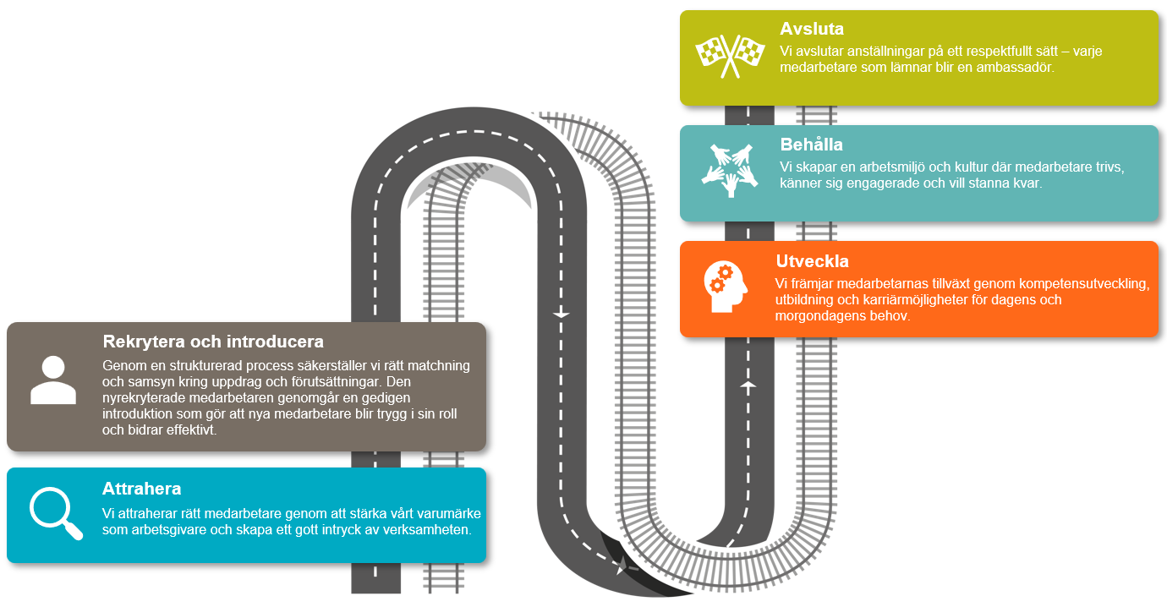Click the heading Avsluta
coord(811,30)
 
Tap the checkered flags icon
coord(730,55)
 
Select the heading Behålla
coord(811,145)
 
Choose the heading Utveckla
coord(812,260)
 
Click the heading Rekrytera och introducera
coord(213,342)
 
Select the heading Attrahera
coord(141,489)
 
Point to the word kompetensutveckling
coord(1077,284)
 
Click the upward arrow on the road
coord(748,385)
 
